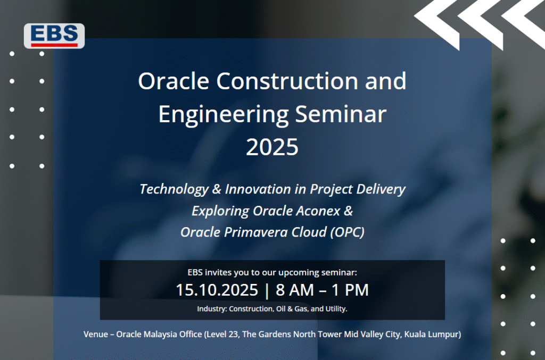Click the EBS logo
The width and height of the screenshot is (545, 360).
(x=54, y=36)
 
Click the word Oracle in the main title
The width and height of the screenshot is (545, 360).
(x=174, y=81)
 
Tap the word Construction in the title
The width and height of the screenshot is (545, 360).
(x=287, y=81)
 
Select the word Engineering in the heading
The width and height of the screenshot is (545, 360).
(x=224, y=115)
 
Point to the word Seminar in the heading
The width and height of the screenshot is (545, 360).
(x=341, y=114)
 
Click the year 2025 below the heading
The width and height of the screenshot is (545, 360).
(x=272, y=147)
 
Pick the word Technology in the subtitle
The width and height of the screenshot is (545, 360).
(x=174, y=189)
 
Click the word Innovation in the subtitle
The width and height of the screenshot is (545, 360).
(x=258, y=189)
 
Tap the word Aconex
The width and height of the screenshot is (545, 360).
(x=296, y=211)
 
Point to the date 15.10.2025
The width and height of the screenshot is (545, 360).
(x=217, y=290)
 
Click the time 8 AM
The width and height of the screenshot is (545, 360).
(x=295, y=290)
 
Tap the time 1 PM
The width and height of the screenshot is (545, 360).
(x=350, y=290)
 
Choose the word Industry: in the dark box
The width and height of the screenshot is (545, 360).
(x=212, y=309)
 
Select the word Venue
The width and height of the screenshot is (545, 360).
(x=96, y=334)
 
